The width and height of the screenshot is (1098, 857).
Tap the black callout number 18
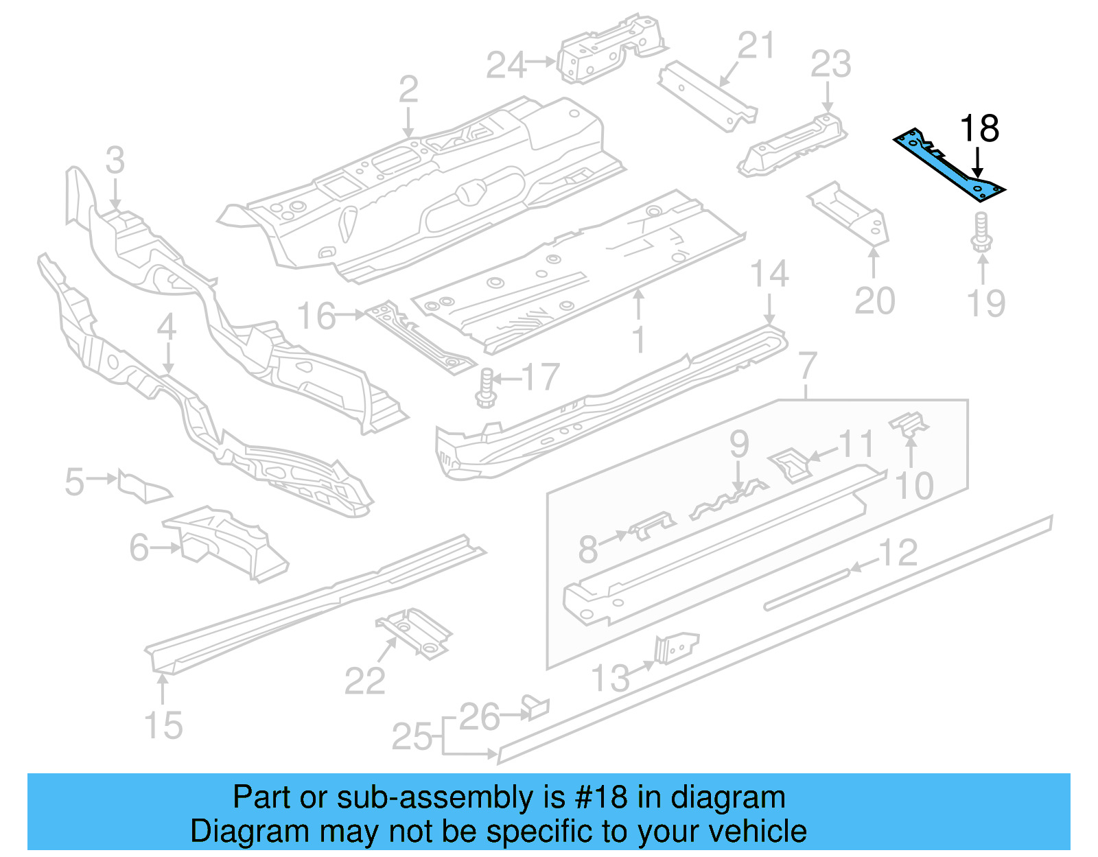[979, 128]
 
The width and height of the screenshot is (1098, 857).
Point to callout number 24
[506, 65]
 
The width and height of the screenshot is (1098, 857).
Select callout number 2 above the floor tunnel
[408, 90]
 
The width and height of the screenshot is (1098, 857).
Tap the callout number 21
[756, 46]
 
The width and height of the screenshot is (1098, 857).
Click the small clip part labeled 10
[909, 423]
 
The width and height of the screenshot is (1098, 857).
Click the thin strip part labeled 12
[807, 588]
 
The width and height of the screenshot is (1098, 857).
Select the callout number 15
[163, 725]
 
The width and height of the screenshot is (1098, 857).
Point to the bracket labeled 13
[675, 648]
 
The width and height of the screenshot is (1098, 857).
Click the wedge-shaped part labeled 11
[789, 465]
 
